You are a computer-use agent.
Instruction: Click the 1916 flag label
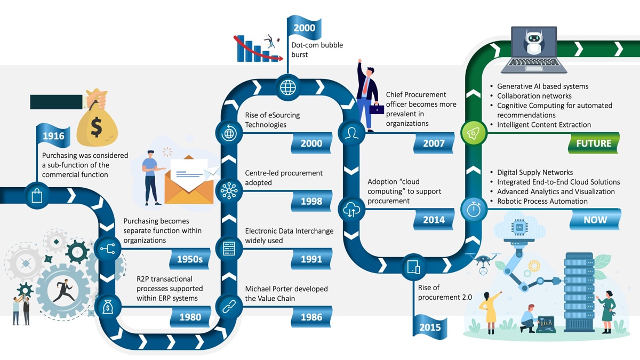point(53,136)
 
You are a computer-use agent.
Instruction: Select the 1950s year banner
point(189,259)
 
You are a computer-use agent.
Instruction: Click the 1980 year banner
point(190,317)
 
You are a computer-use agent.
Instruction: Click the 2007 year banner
point(433,143)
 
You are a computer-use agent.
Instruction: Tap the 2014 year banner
point(433,220)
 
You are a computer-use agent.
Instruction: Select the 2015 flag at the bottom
point(429,327)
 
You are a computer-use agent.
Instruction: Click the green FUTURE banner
point(594,143)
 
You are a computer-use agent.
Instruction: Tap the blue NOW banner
point(595,219)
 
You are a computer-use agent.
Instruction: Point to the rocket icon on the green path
point(472,133)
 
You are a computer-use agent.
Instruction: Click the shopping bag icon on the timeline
point(37,196)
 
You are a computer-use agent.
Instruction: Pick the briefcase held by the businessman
point(377,109)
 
